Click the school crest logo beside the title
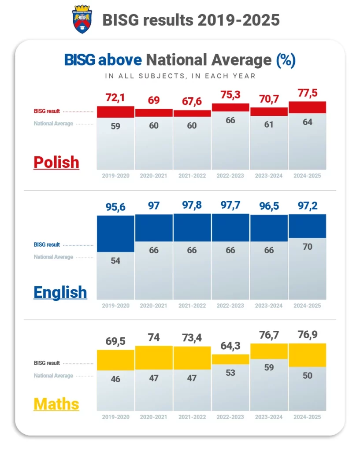click(82, 19)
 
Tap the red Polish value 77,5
click(307, 94)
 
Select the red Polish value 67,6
click(192, 102)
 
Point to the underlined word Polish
click(56, 162)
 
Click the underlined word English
click(60, 292)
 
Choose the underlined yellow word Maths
click(56, 403)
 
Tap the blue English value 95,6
click(115, 206)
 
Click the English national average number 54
click(115, 260)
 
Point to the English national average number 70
click(307, 247)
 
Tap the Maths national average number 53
click(230, 373)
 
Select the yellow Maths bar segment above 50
click(307, 355)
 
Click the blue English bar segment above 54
click(115, 233)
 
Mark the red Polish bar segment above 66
click(230, 107)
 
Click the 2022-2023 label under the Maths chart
click(230, 417)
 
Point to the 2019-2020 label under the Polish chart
click(115, 176)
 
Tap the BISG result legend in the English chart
click(47, 245)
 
